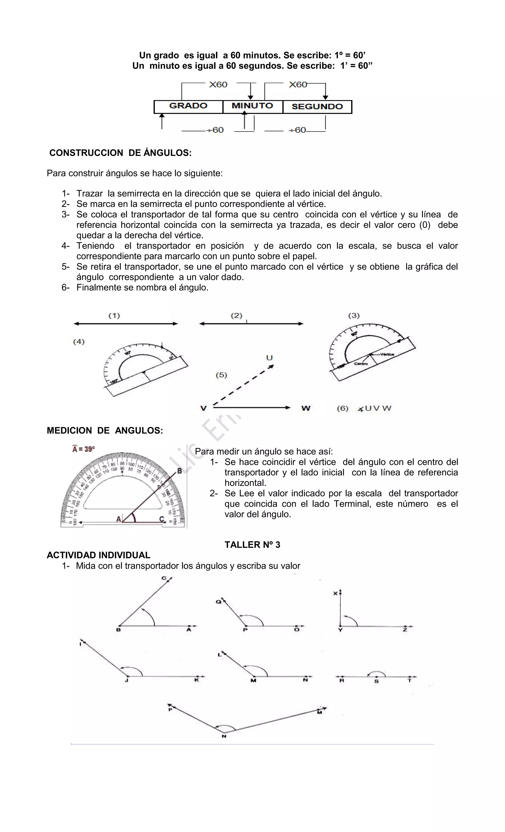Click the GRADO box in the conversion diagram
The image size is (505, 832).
pyautogui.click(x=188, y=106)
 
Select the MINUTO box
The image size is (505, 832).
pyautogui.click(x=252, y=106)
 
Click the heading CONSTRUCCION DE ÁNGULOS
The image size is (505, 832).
pyautogui.click(x=121, y=153)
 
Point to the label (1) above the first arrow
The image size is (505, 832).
pyautogui.click(x=114, y=316)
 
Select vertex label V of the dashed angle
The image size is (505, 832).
pyautogui.click(x=203, y=408)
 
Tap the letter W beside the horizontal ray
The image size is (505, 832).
pyautogui.click(x=306, y=408)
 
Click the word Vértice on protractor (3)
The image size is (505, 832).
pyautogui.click(x=387, y=354)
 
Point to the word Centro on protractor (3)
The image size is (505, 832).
pyautogui.click(x=361, y=364)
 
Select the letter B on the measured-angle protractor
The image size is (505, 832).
pyautogui.click(x=180, y=471)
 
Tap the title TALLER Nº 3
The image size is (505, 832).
pyautogui.click(x=252, y=545)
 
